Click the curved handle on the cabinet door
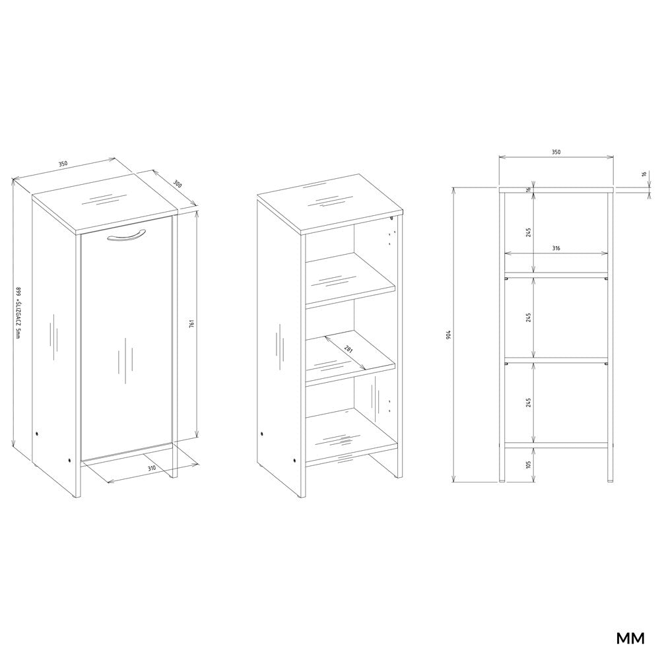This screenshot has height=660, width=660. [126, 236]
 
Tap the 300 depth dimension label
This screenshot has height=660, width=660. [178, 184]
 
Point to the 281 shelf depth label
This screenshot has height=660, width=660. [348, 349]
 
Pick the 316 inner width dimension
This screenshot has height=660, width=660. [556, 248]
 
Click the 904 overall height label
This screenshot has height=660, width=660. [449, 335]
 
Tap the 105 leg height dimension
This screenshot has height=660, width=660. [528, 465]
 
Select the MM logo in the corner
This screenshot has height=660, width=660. [630, 638]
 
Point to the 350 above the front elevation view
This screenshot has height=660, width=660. [556, 152]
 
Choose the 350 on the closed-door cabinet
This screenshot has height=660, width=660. [63, 164]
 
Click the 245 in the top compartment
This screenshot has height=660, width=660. [528, 232]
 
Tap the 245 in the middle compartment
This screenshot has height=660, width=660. [528, 317]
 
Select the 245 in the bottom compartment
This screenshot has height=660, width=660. [528, 402]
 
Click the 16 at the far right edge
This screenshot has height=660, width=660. [644, 174]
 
